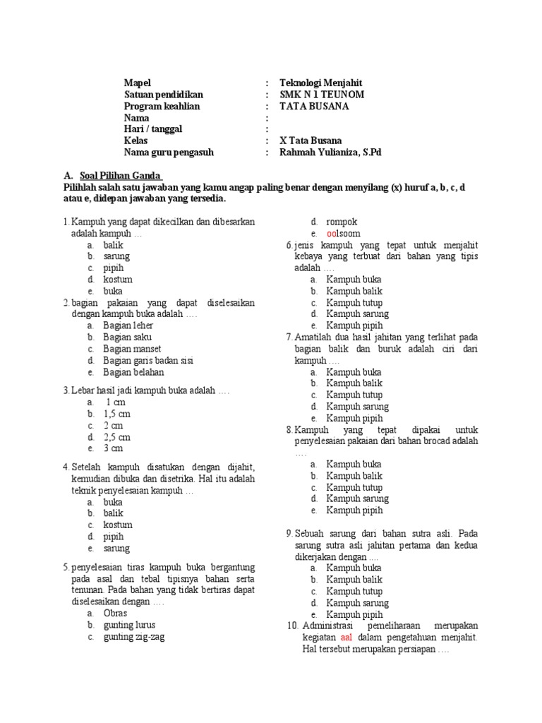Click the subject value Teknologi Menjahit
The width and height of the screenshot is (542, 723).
coord(320,83)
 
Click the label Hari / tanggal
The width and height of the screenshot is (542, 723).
coord(153,129)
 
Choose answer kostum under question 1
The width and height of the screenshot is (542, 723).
coord(118,280)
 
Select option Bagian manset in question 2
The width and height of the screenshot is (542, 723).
coord(132,349)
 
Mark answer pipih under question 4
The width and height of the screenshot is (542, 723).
coord(114,537)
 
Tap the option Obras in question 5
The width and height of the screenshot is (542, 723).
coord(115,614)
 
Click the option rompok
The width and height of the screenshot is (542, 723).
coord(342,222)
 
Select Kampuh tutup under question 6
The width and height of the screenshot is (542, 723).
coord(354,302)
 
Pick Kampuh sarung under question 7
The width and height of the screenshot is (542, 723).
coord(357,407)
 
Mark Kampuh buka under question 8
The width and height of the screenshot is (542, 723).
coord(354,464)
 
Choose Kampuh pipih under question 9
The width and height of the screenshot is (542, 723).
coord(354,614)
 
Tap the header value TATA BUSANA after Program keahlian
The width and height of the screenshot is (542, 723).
coord(314,107)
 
